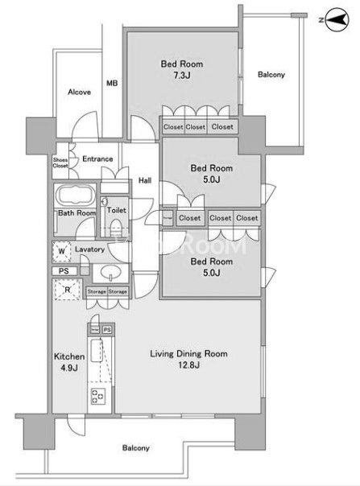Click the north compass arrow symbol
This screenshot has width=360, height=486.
coord(337,20)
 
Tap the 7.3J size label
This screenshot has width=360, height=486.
coord(182,76)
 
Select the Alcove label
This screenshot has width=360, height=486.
coord(80,92)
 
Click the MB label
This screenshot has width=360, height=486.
coord(112,83)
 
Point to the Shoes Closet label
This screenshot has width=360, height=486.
coord(60,163)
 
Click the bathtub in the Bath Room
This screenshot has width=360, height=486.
coord(76,196)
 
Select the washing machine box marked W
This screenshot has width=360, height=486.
coord(62,251)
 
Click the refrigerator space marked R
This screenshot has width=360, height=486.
coord(68,290)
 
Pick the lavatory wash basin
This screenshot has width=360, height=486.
coord(110,273)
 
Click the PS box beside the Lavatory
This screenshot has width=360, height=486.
coord(64,271)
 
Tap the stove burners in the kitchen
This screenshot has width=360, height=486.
coord(97,397)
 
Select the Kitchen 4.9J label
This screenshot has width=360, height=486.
coord(69,362)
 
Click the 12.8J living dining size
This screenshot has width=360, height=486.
coord(188,365)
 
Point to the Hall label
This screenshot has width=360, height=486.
coord(145,180)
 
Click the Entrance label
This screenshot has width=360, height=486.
coord(97,159)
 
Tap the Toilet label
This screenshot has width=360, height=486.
coord(117,210)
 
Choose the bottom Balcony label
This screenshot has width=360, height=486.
coord(135,448)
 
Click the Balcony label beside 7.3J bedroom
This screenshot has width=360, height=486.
coord(271,75)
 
